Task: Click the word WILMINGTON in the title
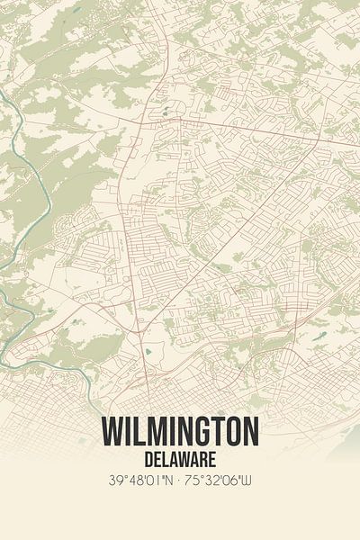pos(180,432)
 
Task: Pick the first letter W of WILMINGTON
pos(113,432)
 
